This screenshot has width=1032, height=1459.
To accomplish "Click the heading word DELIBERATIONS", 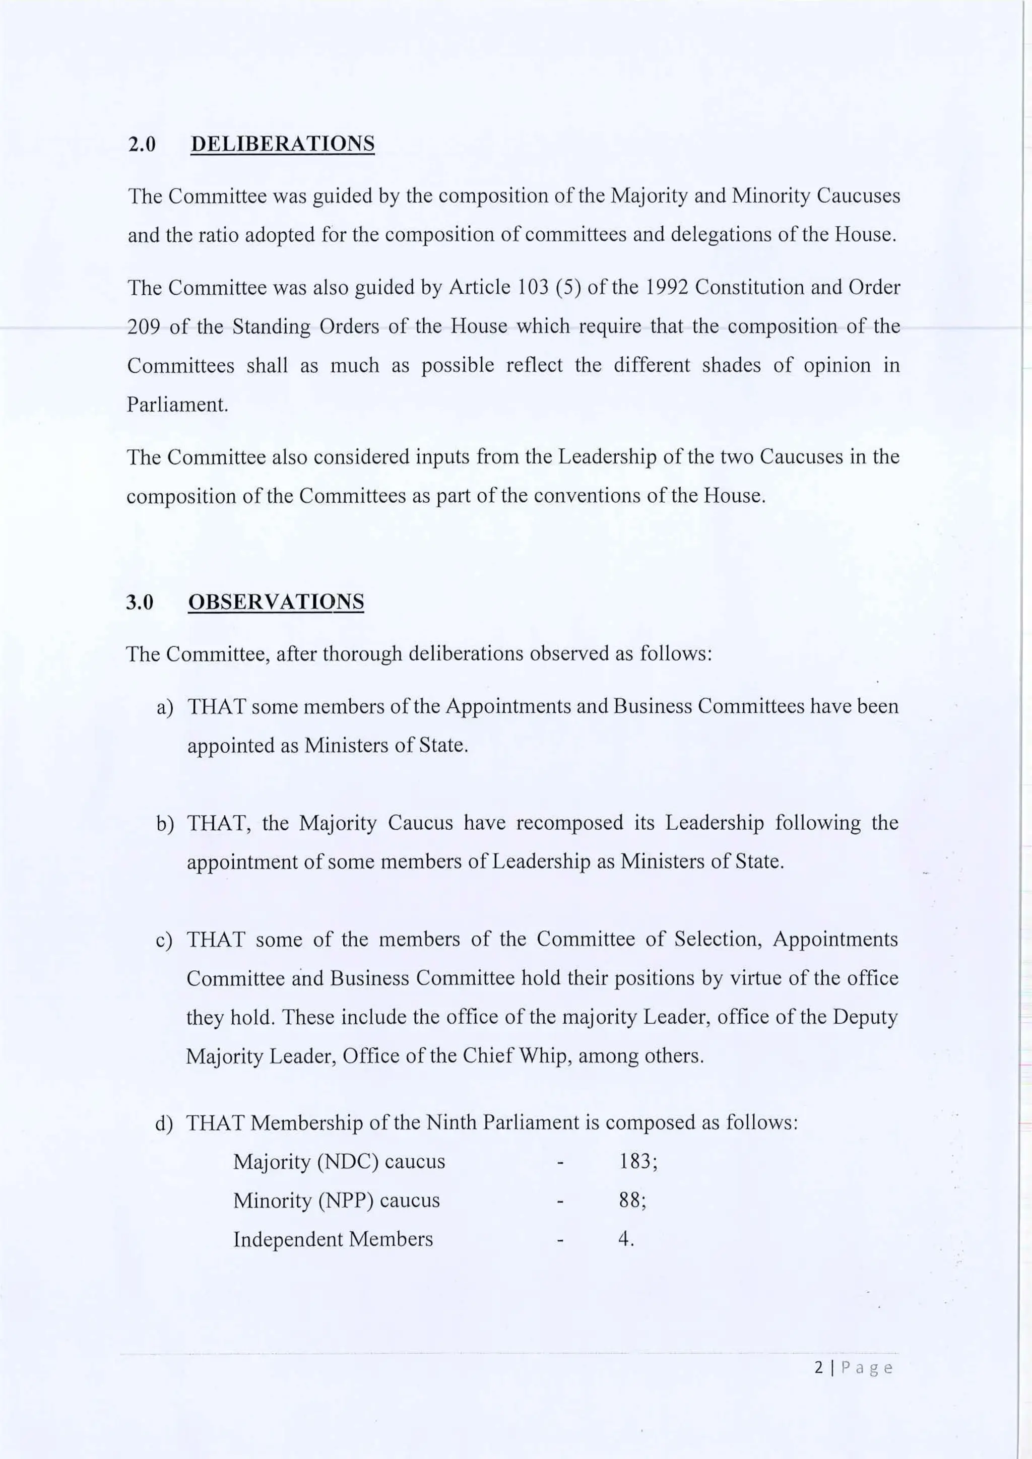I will pyautogui.click(x=283, y=144).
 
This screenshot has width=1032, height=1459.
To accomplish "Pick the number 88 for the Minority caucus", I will pyautogui.click(x=630, y=1201).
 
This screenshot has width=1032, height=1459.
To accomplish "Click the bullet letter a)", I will pyautogui.click(x=165, y=707).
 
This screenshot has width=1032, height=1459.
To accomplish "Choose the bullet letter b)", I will pyautogui.click(x=165, y=824).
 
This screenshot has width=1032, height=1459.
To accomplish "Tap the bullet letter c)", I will pyautogui.click(x=164, y=940).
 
